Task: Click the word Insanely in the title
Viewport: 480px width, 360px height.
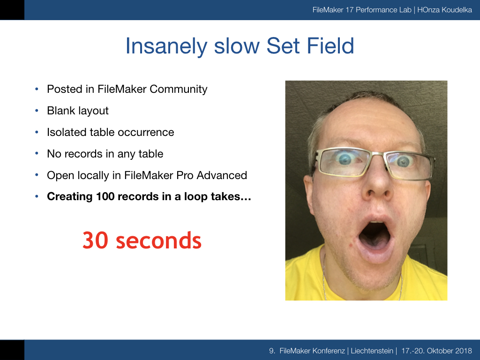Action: point(167,46)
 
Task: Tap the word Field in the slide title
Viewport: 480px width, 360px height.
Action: point(330,45)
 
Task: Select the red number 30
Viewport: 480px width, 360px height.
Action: point(96,240)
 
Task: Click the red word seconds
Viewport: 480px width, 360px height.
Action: point(159,240)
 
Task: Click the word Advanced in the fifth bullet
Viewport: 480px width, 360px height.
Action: point(222,175)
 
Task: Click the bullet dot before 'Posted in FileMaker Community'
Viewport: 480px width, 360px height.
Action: point(37,89)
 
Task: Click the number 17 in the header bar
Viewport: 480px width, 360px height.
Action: point(349,10)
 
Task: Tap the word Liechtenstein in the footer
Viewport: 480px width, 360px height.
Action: point(372,351)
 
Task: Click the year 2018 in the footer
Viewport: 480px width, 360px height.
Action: point(464,351)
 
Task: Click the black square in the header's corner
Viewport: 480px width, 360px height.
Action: point(12,10)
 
